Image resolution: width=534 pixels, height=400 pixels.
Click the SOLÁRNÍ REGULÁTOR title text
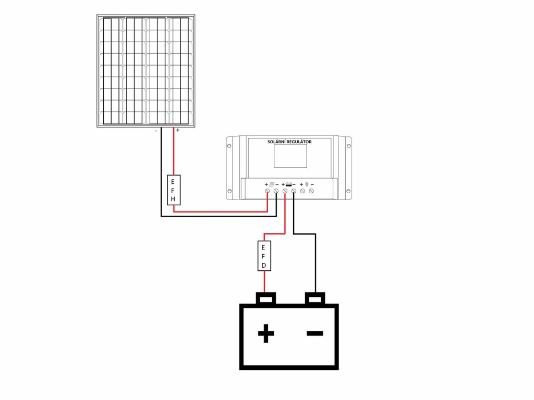point(289,142)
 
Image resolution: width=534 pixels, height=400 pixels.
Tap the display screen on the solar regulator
point(290,156)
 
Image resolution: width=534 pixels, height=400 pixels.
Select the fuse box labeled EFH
point(173,190)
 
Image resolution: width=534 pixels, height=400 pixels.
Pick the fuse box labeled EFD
point(264,256)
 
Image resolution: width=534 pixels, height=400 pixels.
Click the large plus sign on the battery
point(266,333)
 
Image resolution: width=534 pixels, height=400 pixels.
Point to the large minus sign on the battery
point(314,333)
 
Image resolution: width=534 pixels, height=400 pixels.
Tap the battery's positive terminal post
point(266,298)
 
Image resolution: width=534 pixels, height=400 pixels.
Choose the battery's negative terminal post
point(315,298)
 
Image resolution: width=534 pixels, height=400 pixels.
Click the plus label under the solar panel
point(178,131)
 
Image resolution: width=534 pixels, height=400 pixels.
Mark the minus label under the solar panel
point(156,131)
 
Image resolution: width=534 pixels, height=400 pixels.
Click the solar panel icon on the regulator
point(272,184)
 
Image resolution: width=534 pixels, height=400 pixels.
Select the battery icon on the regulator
point(289,184)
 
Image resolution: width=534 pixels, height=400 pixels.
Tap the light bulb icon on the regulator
point(307,184)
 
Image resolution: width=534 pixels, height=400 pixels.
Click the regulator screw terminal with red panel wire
point(268,192)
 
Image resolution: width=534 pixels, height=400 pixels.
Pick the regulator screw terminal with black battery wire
point(294,192)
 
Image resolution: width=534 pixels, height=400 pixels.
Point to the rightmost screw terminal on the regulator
point(311,192)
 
